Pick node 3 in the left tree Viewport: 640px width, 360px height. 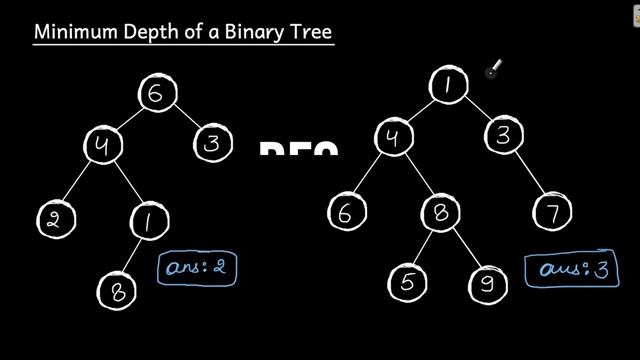tap(211, 143)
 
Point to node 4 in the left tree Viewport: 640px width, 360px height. tap(101, 145)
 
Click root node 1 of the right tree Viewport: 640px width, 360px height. tap(447, 85)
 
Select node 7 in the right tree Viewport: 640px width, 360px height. tap(552, 214)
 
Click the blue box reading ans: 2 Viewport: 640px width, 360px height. tap(200, 268)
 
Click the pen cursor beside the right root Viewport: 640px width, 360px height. tap(492, 69)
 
